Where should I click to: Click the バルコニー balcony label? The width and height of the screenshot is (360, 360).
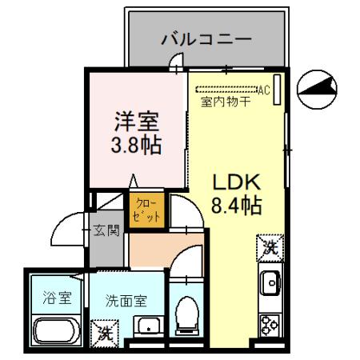(x=206, y=38)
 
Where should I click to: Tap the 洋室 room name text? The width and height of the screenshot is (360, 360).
(x=138, y=122)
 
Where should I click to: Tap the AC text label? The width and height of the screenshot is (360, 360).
(x=262, y=89)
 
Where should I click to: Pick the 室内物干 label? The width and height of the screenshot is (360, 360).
(x=226, y=102)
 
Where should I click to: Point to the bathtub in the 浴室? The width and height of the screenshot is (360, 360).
(x=55, y=331)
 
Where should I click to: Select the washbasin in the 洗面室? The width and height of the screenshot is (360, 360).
(x=147, y=327)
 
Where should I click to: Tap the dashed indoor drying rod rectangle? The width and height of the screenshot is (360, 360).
(x=226, y=89)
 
